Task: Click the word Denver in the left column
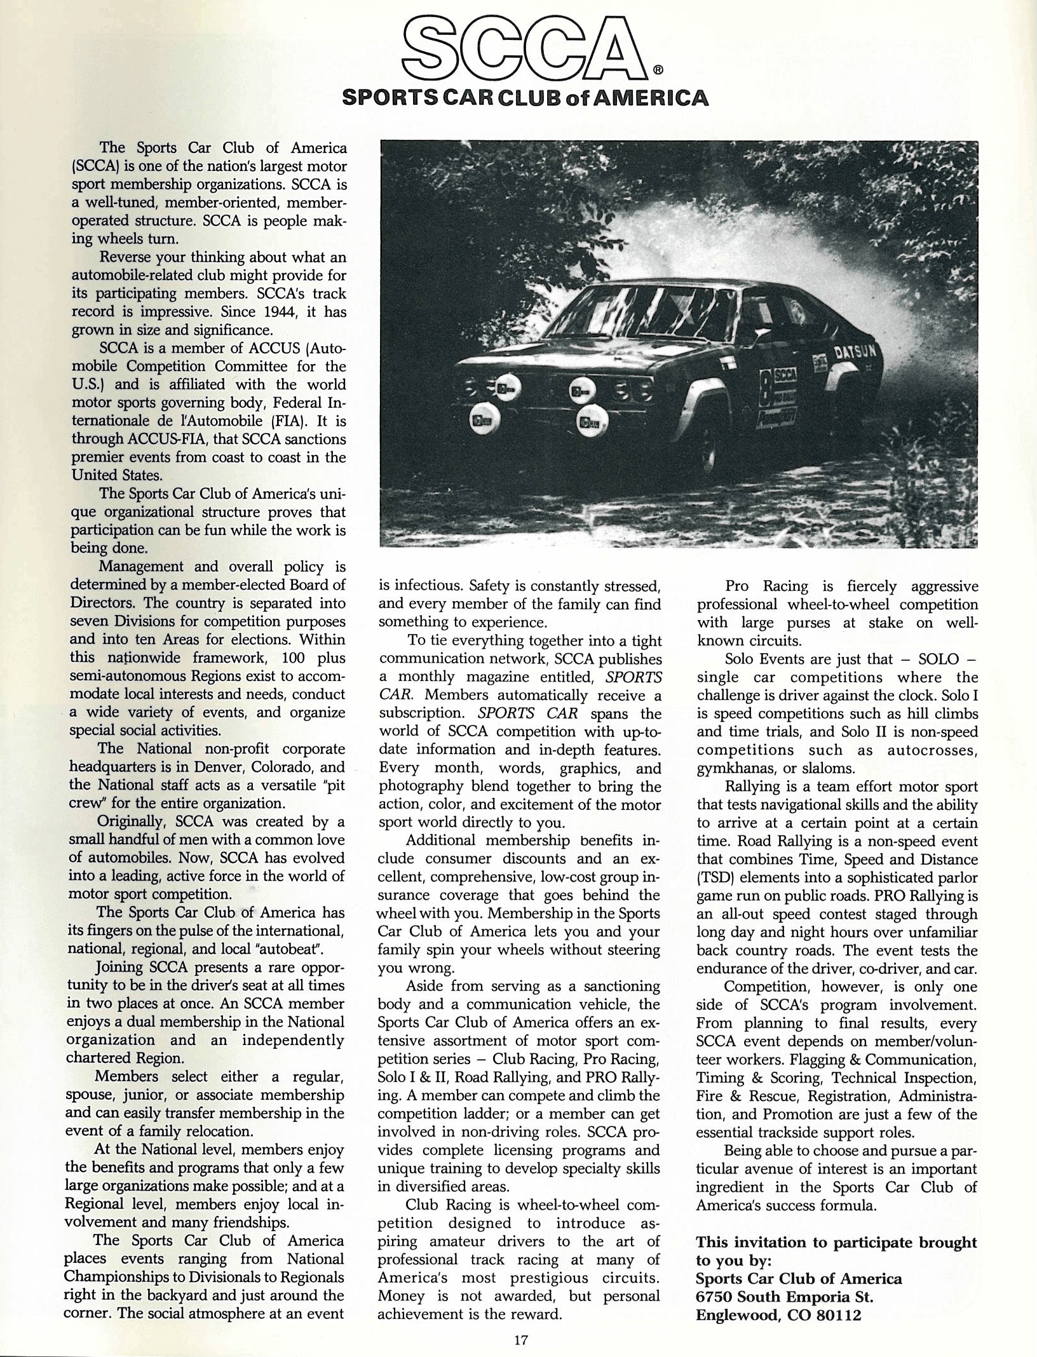pyautogui.click(x=226, y=766)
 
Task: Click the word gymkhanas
pyautogui.click(x=736, y=768)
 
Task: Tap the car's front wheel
pyautogui.click(x=709, y=457)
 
